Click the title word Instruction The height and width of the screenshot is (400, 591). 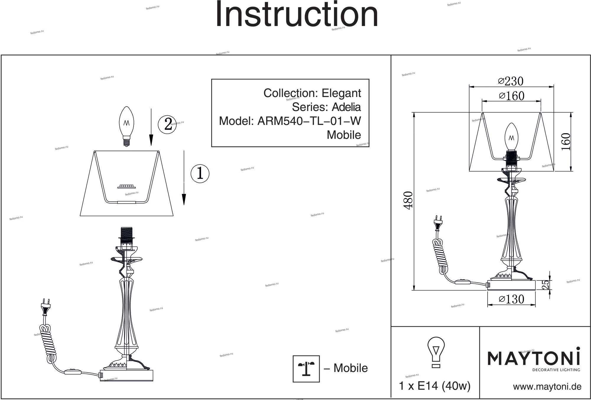tap(297, 15)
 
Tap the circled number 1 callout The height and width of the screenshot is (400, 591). tap(200, 173)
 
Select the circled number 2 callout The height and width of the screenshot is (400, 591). tap(168, 124)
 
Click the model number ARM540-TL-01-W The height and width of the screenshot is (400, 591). tap(309, 121)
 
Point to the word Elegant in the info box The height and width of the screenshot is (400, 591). tap(341, 93)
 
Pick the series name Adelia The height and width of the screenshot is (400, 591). tap(346, 107)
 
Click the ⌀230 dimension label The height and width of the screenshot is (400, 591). tap(511, 81)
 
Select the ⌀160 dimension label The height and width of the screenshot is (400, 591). tap(512, 96)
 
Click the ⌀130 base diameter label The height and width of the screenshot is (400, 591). tap(512, 299)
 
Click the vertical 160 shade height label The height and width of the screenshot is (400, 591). tap(566, 142)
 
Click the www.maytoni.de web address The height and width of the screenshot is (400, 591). tap(547, 387)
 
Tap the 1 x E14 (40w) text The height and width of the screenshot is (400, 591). tap(434, 386)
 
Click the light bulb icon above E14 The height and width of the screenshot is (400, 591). tap(436, 352)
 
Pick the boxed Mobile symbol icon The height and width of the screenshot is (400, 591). tap(306, 369)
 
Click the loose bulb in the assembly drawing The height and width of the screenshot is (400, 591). tap(126, 126)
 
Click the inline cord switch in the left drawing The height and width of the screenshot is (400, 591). tap(71, 371)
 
